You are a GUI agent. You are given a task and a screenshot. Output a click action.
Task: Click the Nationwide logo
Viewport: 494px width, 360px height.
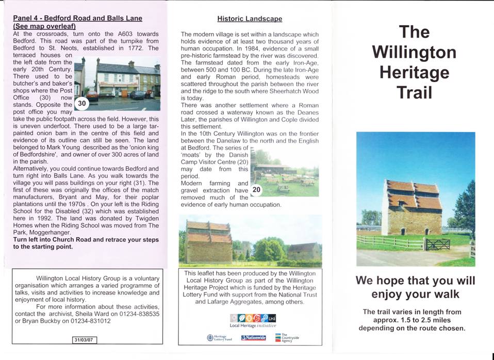pos(253,338)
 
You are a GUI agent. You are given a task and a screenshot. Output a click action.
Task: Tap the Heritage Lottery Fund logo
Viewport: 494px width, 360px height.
pos(219,338)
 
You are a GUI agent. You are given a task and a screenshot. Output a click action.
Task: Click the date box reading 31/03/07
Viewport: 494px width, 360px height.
pos(85,340)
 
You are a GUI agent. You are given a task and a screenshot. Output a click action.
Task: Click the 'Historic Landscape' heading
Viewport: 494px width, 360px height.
pos(250,19)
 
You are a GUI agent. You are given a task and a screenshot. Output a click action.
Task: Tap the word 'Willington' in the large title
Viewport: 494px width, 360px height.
pos(414,52)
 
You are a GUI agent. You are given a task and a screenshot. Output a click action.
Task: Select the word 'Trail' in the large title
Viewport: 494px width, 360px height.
pos(415,92)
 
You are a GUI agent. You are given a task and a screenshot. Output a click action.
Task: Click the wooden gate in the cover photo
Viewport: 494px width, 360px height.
pos(438,244)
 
